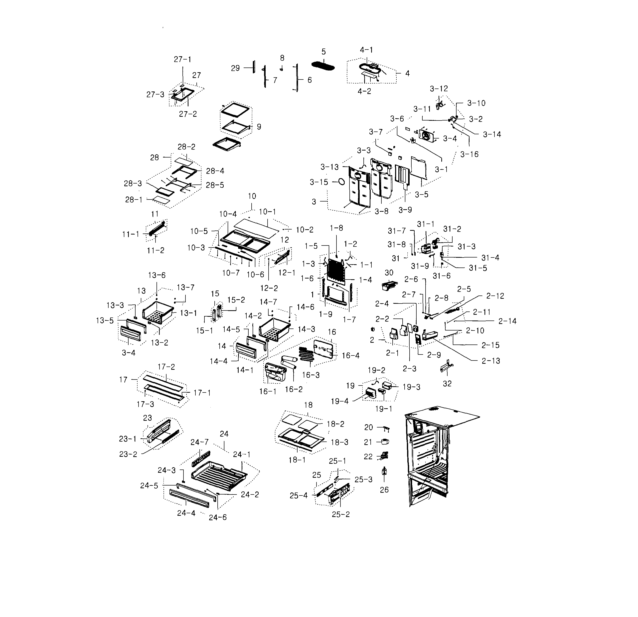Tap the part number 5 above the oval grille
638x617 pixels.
point(323,52)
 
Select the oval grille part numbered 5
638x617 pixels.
point(323,65)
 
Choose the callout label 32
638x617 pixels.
point(447,384)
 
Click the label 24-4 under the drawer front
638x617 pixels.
point(186,513)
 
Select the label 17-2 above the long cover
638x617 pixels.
point(166,367)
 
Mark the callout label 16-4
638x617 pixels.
point(350,355)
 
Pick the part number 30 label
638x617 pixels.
point(389,272)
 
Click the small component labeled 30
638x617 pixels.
point(389,286)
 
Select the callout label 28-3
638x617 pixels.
point(133,183)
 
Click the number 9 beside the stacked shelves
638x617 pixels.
point(259,127)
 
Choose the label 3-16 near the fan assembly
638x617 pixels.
point(469,154)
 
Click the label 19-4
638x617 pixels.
point(339,401)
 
